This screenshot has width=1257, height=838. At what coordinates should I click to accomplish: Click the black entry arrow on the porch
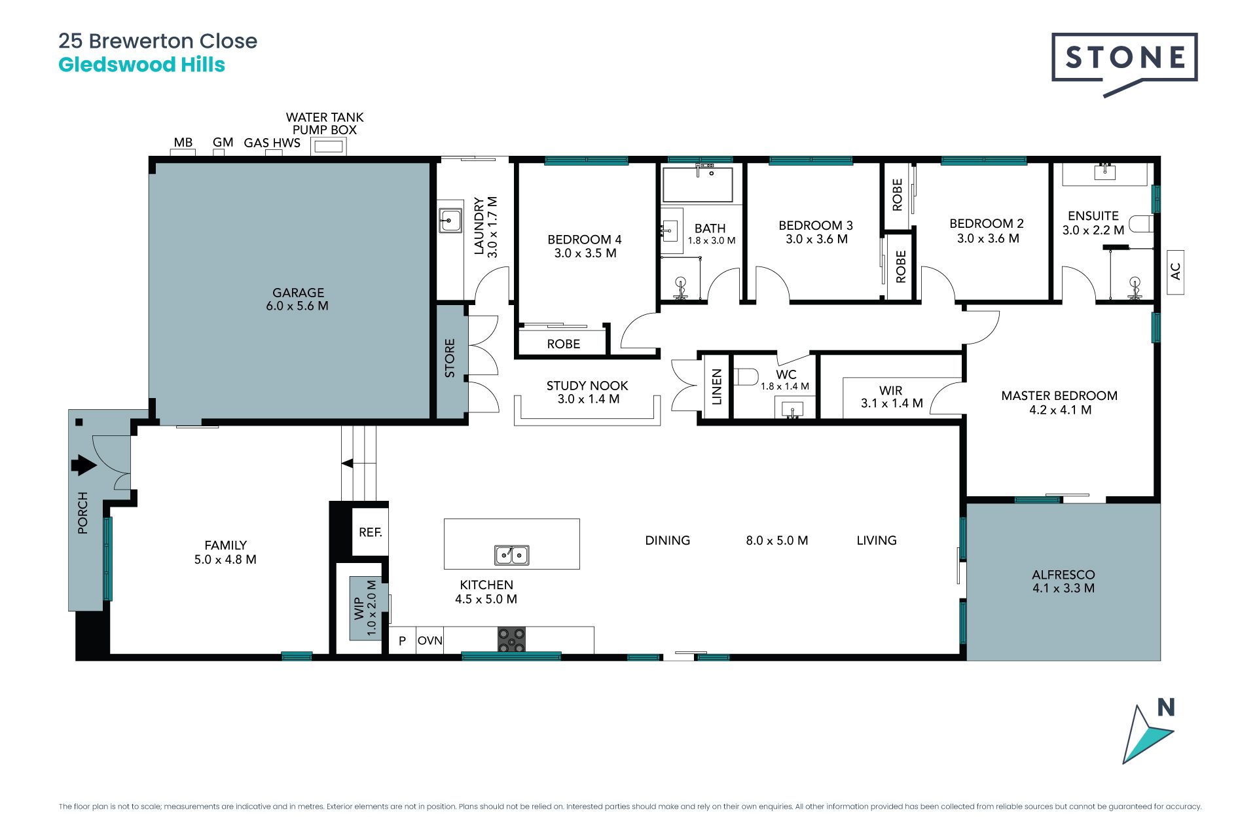coord(83,465)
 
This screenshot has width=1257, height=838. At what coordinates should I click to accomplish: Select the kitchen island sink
coord(511,555)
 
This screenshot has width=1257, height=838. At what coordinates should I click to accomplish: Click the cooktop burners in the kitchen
coord(511,640)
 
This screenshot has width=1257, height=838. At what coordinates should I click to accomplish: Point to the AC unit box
coord(1175,272)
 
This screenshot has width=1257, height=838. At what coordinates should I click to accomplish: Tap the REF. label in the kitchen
coord(371,532)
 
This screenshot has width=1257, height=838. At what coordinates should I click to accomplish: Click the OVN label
coord(430,640)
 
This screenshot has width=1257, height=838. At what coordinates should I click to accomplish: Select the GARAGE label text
coord(299,293)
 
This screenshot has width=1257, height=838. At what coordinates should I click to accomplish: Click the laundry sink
coord(450,221)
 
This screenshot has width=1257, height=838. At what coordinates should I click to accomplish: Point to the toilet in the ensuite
coord(1141,224)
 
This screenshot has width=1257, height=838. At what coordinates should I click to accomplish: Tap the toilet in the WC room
coord(746,377)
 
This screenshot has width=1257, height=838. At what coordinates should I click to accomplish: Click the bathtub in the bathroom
coord(697,185)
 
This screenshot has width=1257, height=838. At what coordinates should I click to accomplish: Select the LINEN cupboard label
coord(716,387)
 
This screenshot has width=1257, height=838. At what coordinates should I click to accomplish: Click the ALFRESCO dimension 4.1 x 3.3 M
coord(1063,588)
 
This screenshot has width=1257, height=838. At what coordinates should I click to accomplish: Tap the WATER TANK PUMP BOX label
coord(325,123)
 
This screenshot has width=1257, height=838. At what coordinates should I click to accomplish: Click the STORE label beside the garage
coord(450,358)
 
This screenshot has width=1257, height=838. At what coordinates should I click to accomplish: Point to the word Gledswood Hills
coord(142,65)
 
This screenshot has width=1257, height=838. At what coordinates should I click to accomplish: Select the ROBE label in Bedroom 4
coord(564,344)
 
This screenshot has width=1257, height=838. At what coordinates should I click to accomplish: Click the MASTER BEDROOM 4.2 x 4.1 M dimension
coord(1060,410)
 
